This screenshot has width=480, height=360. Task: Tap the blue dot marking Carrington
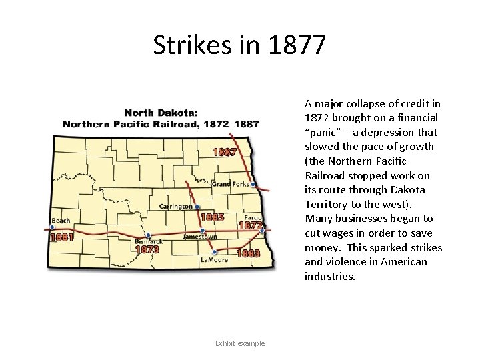pos(197,207)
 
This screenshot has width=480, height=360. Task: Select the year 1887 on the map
pos(225,151)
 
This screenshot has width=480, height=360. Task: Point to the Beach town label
pos(61,220)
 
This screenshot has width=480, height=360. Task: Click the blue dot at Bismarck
pos(148,235)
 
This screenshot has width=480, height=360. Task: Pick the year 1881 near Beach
pos(61,237)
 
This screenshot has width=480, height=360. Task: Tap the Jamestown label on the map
pos(201,237)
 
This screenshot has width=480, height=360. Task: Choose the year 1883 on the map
pos(247,253)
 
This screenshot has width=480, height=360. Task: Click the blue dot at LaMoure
pos(214,252)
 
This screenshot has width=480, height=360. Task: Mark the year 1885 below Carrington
pos(212,217)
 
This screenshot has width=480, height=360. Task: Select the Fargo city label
pos(253,217)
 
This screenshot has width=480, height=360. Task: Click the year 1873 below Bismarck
pos(147,249)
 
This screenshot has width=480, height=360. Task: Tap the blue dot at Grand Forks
pos(253,185)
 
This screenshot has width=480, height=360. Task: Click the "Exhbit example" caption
pos(240,343)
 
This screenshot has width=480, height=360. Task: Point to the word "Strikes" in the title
pos(191,45)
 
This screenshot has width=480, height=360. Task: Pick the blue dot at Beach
pos(52,227)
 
